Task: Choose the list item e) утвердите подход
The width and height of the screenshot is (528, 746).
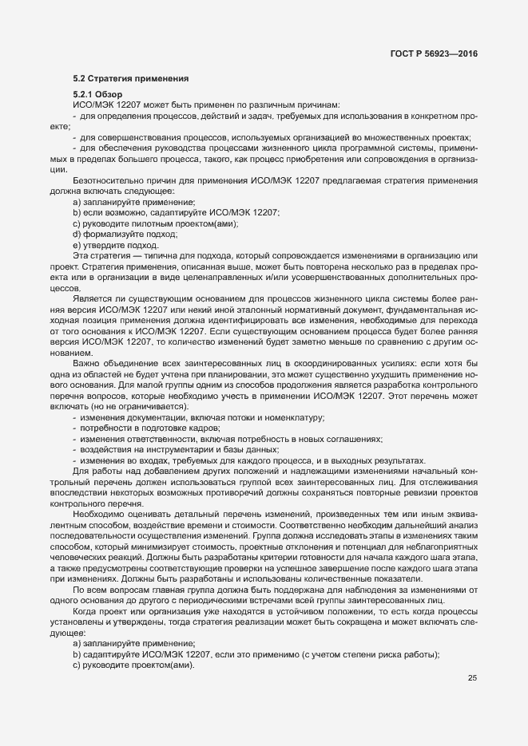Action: click(115, 246)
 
